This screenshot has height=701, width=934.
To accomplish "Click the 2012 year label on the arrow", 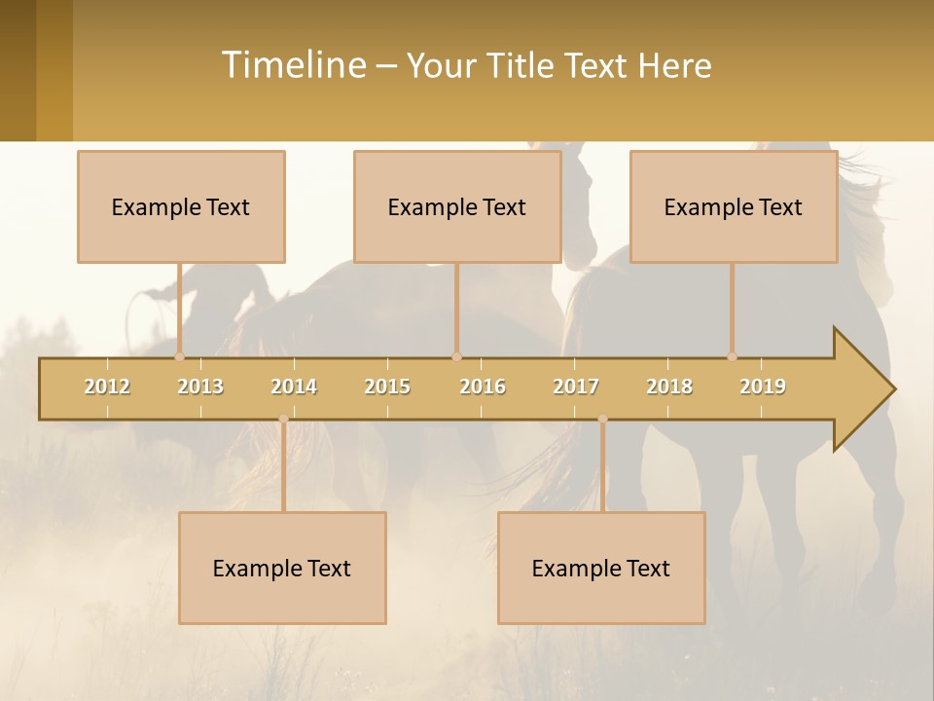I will pos(107,387).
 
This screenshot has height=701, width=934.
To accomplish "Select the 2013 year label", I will pos(200,387).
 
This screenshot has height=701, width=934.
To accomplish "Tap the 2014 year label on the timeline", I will pos(294,387).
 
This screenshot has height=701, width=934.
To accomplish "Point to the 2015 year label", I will pos(387,387).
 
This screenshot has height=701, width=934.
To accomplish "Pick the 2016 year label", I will pos(483,387).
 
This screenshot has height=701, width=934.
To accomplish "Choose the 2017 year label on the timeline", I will pos(576,387).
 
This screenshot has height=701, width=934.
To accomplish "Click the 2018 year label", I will pos(669,387).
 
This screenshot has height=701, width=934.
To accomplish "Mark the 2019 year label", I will pos(763,387).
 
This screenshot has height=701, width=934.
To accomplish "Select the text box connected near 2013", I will pos(181,207).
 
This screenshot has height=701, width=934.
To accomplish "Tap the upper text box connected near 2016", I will pos(457,207).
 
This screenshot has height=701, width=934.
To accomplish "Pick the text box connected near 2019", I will pos(734,207).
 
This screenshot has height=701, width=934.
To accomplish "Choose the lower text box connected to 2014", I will pos(282,568).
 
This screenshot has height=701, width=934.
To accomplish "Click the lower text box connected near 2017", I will pos(601,568).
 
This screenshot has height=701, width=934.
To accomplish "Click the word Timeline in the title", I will pos(291,65).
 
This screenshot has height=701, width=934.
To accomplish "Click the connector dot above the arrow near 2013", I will pos(180,357).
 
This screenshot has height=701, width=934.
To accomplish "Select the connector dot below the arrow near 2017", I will pos(602,419).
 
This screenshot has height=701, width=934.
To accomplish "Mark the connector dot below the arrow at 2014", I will pos(283,419).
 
